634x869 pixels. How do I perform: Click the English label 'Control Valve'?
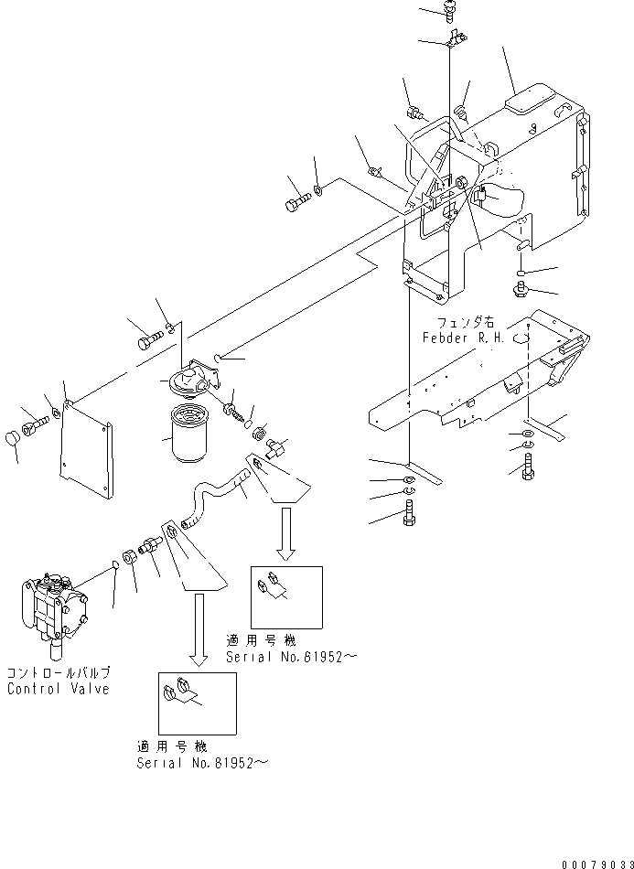[59, 689]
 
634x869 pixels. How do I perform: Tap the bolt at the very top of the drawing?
[451, 10]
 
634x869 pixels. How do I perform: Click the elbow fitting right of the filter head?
[277, 447]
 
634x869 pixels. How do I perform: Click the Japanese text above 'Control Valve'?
[58, 673]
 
